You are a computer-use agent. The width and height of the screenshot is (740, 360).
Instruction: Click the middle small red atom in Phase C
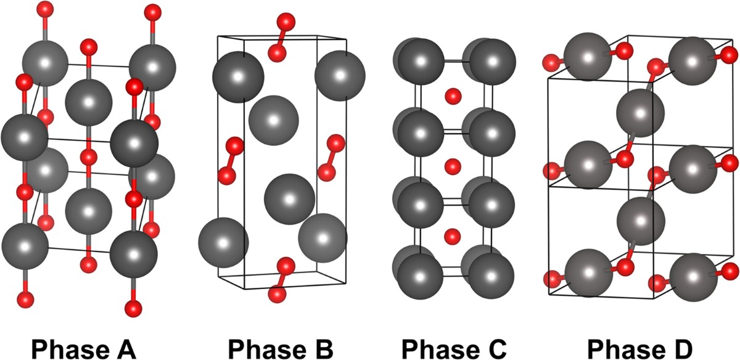pos(453,166)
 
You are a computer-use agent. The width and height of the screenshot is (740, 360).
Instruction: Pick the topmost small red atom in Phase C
pos(453,96)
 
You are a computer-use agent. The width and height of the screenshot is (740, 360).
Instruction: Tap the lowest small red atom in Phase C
pos(453,235)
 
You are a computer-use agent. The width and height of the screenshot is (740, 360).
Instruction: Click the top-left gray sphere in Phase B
pos(238,77)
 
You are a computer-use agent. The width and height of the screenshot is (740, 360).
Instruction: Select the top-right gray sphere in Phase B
pos(340,75)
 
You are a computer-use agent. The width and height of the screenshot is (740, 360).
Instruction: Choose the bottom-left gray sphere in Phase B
pos(223,242)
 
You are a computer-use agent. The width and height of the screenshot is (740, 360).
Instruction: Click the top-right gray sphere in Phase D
pos(693,59)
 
